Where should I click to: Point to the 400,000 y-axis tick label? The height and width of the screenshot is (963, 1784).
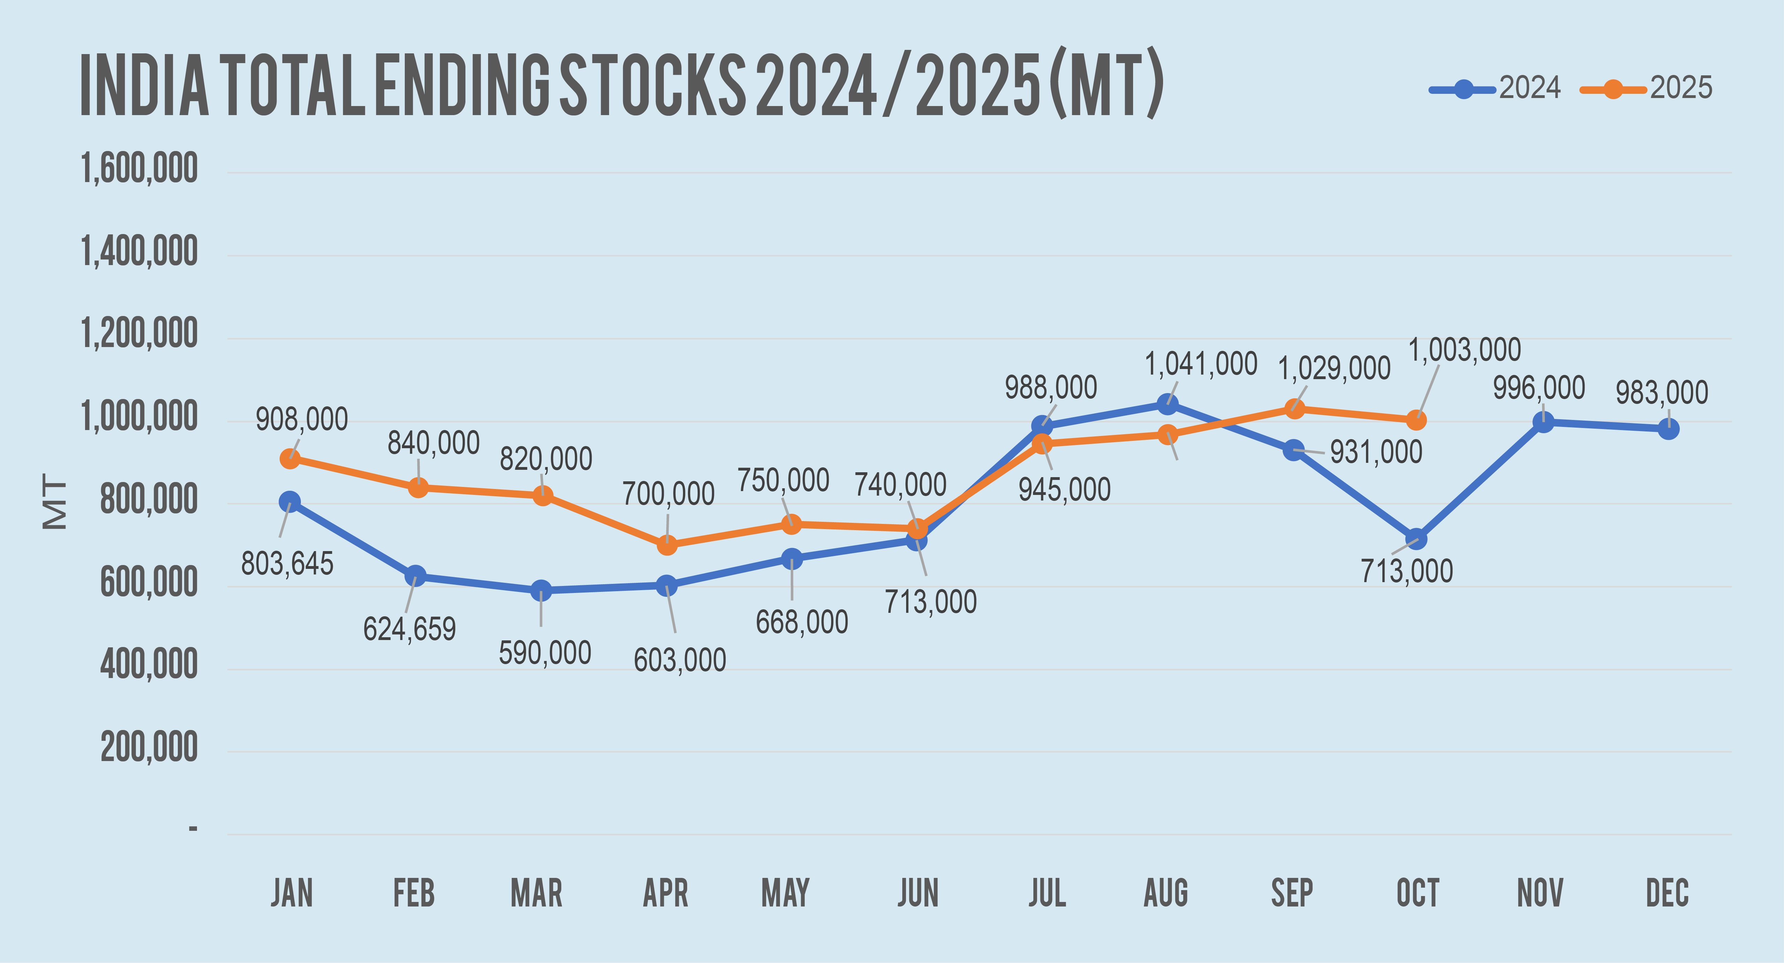click(149, 666)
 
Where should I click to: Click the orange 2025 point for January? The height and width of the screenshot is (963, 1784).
click(290, 459)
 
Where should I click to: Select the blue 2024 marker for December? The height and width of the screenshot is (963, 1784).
click(1668, 429)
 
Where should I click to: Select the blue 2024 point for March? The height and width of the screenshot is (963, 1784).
click(541, 590)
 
